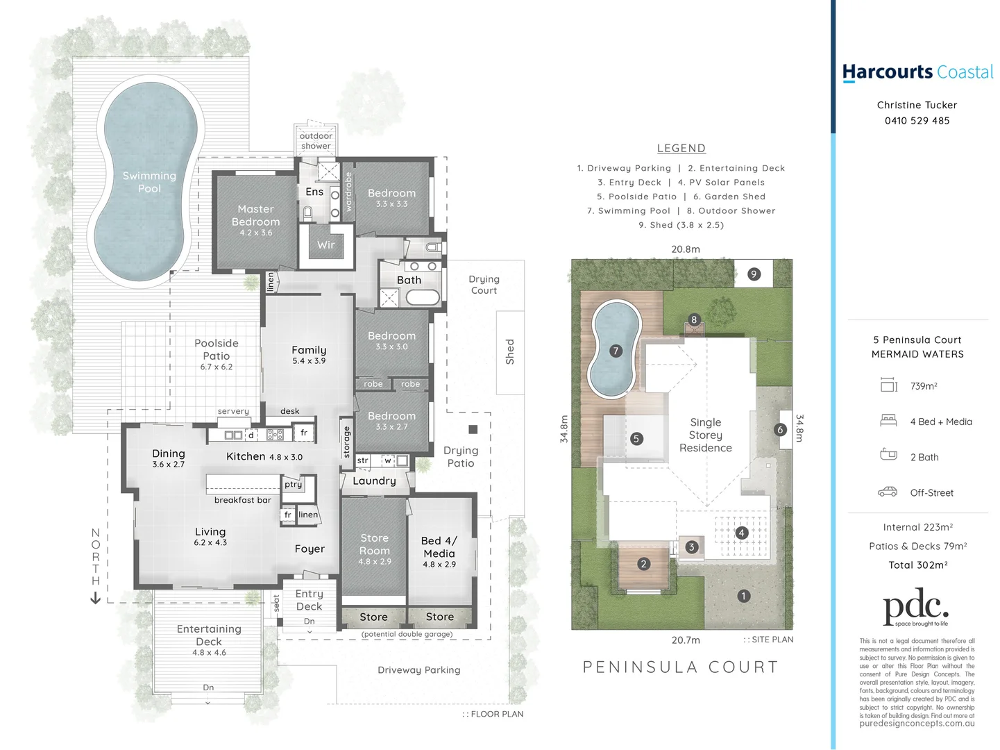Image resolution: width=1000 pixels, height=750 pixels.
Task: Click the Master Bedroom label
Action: coord(255,216)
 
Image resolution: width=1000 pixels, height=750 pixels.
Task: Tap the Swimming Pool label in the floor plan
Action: coord(149,182)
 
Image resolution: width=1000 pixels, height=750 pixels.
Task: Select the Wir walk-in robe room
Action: coord(325,245)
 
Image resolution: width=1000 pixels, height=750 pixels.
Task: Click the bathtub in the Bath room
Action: coord(422,298)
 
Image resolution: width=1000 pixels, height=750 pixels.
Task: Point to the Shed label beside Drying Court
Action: coord(510,351)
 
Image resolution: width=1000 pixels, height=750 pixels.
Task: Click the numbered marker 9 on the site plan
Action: coord(754,274)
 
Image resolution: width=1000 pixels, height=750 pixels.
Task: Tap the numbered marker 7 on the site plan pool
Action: coord(616,351)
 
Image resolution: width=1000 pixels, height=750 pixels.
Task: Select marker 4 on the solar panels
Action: coord(742,533)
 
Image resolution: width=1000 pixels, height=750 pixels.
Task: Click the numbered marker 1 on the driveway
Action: coord(743,596)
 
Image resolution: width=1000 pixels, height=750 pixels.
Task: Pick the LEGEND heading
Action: coord(681,148)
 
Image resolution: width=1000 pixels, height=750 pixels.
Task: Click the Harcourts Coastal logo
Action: coord(917,72)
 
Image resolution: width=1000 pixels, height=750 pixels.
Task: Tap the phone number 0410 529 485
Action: coord(917,121)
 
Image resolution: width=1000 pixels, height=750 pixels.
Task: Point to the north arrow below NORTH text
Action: coord(96,598)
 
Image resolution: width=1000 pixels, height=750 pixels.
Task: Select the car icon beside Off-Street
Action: coord(888,492)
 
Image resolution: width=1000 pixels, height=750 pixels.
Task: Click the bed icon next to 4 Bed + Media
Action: coord(888,421)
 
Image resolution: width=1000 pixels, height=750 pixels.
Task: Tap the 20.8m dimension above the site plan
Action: coord(685,249)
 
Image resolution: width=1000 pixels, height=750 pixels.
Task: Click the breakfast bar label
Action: coord(242,500)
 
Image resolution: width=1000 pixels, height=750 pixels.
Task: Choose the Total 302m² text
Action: coord(917,565)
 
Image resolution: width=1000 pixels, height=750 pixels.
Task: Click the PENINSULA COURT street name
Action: coord(680,667)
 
